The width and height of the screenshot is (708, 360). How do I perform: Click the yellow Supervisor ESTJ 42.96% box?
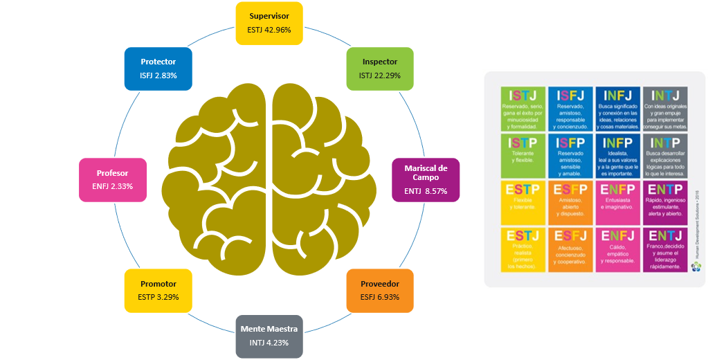point(269,23)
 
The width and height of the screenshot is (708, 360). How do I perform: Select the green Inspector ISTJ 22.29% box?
point(379,68)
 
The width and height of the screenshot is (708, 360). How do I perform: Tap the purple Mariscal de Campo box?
point(426,179)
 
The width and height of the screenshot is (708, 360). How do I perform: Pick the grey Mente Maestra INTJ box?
point(269,335)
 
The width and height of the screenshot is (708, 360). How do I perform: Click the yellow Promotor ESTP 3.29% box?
point(158,289)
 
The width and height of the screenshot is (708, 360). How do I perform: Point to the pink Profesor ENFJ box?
point(112,179)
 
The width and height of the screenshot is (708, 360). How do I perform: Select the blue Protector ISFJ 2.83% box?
point(158,68)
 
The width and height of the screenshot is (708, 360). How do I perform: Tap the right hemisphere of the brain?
point(325,181)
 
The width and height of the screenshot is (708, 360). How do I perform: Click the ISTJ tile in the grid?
point(523,109)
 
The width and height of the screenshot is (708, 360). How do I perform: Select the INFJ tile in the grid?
point(617,109)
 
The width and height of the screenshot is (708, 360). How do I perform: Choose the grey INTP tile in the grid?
point(664,156)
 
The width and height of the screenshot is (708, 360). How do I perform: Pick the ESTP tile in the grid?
point(523,202)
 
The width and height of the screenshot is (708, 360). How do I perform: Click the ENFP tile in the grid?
point(617,202)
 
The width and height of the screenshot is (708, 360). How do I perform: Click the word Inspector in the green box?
point(379,62)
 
